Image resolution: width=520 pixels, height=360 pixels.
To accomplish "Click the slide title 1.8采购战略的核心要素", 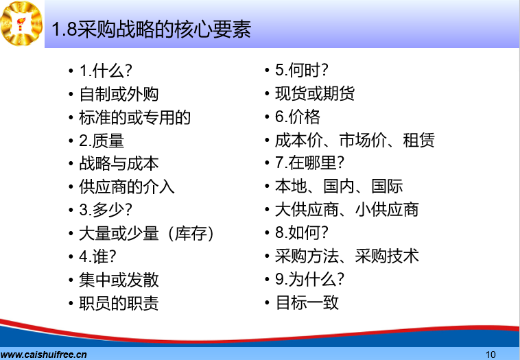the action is coord(151,29).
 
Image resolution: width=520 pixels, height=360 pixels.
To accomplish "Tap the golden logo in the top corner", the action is coord(21,23).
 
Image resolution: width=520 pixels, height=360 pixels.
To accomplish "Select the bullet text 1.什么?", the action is coord(106,71).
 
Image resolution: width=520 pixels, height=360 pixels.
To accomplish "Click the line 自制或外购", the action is coord(119,94).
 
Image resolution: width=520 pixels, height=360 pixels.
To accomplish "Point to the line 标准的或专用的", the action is coord(134,117).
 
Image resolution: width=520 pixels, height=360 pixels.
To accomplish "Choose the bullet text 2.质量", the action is coord(102,141).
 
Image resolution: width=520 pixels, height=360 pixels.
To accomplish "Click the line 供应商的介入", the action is coord(127,187).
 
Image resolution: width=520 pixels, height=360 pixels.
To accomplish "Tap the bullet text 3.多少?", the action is coord(106,210).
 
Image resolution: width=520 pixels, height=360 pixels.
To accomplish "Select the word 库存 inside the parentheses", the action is coord(191,233).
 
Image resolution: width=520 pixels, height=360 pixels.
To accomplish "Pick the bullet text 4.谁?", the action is coord(98,256).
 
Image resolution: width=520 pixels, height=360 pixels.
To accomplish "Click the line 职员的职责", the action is coord(119,303).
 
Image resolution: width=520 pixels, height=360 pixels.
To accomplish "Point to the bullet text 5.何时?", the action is coord(302,70).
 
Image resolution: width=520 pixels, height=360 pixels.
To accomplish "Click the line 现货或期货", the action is coord(315,93).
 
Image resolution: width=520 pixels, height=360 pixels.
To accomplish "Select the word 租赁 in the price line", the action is coord(418,140).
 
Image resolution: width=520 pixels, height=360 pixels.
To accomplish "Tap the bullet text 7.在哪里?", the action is coord(310,163).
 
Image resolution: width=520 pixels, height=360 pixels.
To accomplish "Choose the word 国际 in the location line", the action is coord(387,186).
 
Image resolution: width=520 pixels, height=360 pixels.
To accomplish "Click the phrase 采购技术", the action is coord(387,256).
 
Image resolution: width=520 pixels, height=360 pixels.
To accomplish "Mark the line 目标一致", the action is coord(307,302).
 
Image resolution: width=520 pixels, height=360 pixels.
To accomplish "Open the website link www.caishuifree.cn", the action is coord(44,355).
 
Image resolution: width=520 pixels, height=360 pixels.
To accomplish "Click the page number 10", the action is coord(491,355).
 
